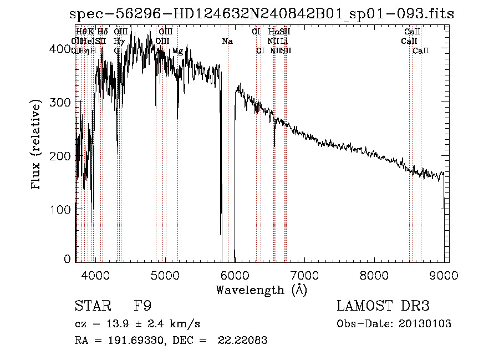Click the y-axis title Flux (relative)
click(37, 145)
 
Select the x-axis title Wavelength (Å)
click(262, 290)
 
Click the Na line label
click(227, 42)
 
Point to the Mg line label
click(177, 51)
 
